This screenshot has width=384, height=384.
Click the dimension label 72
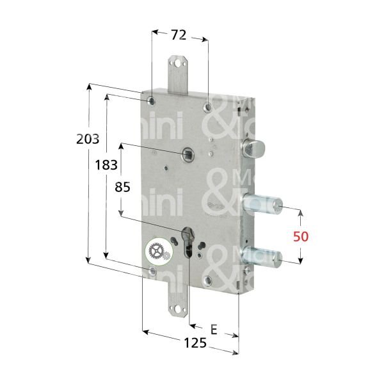pyautogui.click(x=179, y=35)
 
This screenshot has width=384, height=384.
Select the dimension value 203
pyautogui.click(x=87, y=139)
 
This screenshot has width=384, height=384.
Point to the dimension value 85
pyautogui.click(x=122, y=188)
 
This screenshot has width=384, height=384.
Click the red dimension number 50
pyautogui.click(x=301, y=236)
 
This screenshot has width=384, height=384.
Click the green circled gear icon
pyautogui.click(x=157, y=252)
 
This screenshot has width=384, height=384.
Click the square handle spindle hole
pyautogui.click(x=188, y=154)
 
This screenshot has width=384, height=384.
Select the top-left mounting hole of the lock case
pyautogui.click(x=150, y=101)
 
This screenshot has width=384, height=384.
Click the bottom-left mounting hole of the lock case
pyautogui.click(x=152, y=273)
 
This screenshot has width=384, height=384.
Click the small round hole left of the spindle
pyautogui.click(x=165, y=169)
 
